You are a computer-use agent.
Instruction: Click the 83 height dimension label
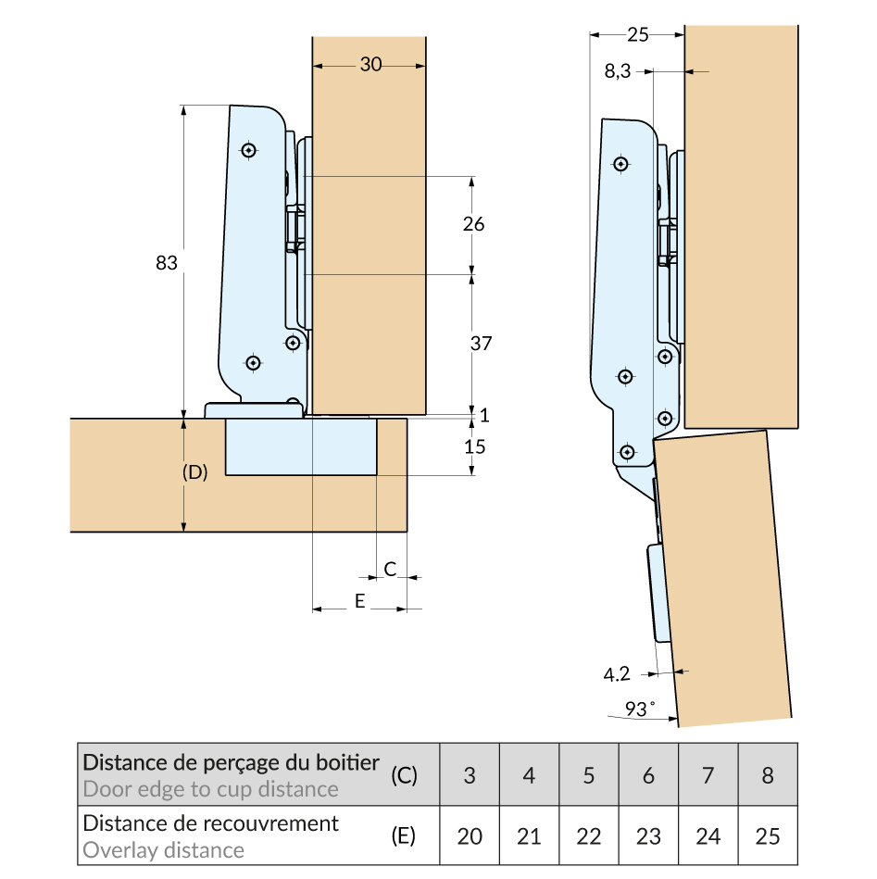(x=167, y=263)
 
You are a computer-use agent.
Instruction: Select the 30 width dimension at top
(x=370, y=65)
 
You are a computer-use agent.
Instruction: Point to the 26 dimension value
(x=472, y=224)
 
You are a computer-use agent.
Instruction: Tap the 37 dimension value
(x=480, y=343)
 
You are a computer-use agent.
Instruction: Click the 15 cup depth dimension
(x=474, y=446)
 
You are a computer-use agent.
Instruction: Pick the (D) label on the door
(x=194, y=471)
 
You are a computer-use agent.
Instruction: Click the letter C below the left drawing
(x=391, y=569)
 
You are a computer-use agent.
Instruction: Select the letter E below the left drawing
(x=360, y=602)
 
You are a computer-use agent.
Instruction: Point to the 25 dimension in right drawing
(x=637, y=35)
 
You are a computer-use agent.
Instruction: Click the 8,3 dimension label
(x=618, y=71)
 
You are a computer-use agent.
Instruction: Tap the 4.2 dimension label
(x=617, y=675)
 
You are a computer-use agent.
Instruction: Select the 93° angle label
(x=637, y=709)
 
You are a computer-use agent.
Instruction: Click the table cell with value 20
(x=470, y=835)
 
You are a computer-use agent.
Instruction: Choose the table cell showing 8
(x=768, y=774)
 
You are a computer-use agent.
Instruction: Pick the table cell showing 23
(x=648, y=835)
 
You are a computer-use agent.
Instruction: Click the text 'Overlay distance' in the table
(x=164, y=849)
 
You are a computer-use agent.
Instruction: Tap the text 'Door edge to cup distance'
(x=210, y=789)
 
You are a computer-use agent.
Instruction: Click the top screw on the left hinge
(x=248, y=150)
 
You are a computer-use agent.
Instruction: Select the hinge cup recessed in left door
(x=301, y=446)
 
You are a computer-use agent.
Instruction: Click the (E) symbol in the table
(x=403, y=835)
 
